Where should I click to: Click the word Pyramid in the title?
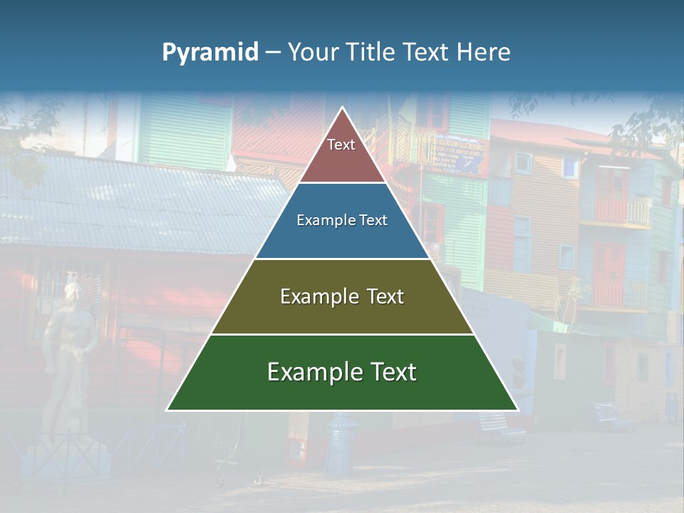click(x=209, y=53)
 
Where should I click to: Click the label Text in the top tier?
click(x=341, y=145)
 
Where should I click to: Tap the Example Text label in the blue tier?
click(x=342, y=220)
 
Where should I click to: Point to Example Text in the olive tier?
click(x=342, y=296)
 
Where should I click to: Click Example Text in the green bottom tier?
click(x=342, y=372)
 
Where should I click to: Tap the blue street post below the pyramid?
click(x=341, y=445)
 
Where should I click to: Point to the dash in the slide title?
click(x=273, y=53)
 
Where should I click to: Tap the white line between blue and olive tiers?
click(x=342, y=259)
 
